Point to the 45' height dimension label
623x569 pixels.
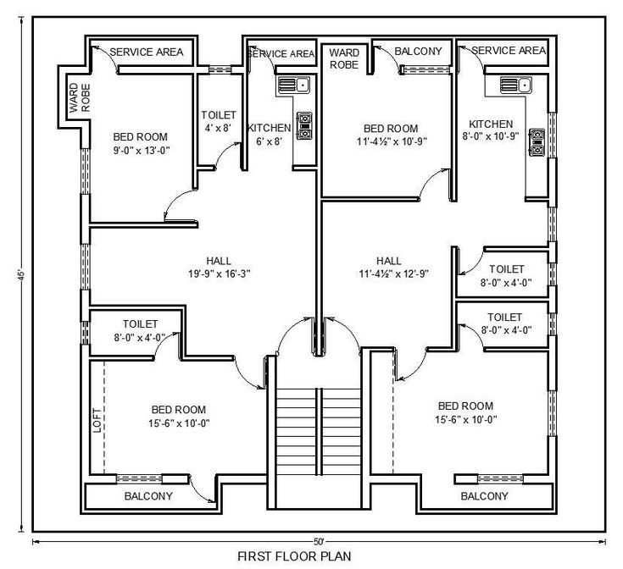click(x=19, y=275)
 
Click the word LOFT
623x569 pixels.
click(x=97, y=420)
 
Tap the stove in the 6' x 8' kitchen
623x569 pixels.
click(x=303, y=125)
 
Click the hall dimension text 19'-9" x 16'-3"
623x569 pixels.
click(x=218, y=273)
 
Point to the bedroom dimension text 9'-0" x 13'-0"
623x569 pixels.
click(x=141, y=150)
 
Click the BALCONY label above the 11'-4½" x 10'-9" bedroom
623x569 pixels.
click(x=418, y=52)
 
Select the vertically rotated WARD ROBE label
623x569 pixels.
click(x=75, y=98)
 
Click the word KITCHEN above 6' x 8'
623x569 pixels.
click(x=269, y=128)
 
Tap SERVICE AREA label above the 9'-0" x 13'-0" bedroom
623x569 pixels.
click(x=147, y=52)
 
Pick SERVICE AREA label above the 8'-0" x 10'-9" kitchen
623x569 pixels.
click(x=509, y=51)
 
